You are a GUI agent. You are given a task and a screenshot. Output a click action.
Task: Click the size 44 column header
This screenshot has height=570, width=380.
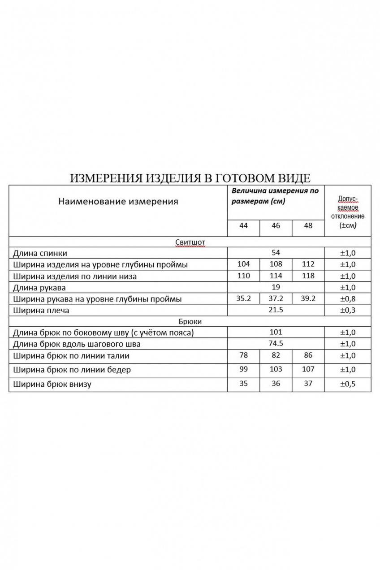click(243, 225)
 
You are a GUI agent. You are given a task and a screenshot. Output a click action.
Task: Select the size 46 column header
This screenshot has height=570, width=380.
click(276, 225)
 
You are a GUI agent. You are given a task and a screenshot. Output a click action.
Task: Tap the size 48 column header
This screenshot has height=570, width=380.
click(308, 225)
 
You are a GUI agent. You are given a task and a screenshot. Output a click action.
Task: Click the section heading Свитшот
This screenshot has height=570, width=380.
click(190, 242)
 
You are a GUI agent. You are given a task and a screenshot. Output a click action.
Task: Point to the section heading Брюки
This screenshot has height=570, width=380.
click(190, 321)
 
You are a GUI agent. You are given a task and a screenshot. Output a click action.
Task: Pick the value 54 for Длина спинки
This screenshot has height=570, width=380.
click(276, 253)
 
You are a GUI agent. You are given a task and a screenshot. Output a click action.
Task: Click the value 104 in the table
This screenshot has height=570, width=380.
click(243, 264)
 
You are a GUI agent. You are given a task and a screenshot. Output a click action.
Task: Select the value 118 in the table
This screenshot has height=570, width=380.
click(308, 276)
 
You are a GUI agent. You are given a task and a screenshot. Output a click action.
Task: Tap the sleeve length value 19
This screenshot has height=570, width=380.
click(276, 287)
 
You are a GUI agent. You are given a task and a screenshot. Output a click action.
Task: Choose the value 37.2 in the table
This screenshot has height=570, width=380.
click(276, 298)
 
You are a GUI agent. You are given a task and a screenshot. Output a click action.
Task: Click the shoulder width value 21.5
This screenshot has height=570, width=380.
click(276, 310)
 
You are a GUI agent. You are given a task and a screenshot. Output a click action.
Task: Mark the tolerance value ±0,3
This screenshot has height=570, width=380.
click(348, 310)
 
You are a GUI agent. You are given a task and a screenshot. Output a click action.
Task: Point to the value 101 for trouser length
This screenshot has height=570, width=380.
click(276, 332)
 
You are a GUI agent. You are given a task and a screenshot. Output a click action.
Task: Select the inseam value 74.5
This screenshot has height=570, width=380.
click(276, 343)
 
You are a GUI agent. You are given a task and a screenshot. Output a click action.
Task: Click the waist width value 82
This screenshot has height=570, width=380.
click(276, 355)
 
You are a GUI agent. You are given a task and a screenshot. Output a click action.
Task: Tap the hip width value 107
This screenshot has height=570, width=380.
click(308, 369)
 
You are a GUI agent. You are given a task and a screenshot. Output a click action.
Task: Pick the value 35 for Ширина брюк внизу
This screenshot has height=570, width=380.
click(243, 383)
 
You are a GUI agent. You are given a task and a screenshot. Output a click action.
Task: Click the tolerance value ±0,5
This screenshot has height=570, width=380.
click(348, 384)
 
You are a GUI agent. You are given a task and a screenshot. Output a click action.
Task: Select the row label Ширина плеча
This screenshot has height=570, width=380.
click(42, 310)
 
